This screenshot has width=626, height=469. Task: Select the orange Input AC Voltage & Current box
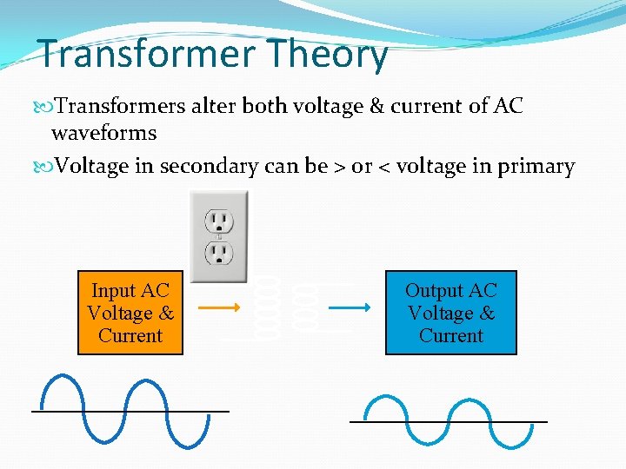pos(130,313)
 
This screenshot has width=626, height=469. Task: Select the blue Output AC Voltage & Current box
pos(450,313)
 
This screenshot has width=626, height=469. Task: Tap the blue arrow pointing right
pos(351,307)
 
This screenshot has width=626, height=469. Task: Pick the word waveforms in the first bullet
pos(104,133)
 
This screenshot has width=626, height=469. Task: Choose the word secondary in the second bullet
pos(206,166)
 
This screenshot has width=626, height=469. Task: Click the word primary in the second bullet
pos(536,166)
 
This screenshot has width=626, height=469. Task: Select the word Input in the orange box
pos(114,291)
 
